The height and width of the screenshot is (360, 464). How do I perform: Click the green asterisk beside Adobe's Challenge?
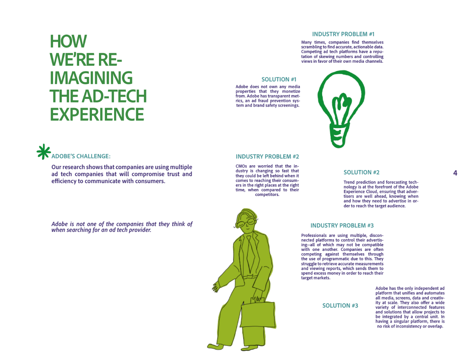point(44,152)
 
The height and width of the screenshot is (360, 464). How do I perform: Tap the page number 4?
point(455,173)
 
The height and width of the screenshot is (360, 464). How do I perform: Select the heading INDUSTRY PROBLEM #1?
point(343,34)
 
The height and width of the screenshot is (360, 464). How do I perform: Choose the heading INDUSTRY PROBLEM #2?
point(267,157)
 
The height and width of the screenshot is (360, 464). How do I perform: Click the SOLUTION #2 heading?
point(361,172)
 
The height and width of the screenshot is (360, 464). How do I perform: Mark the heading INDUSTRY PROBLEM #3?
point(342,226)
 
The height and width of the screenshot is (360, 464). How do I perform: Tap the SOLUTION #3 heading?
point(340,305)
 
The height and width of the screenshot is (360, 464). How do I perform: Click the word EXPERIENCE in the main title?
point(97,115)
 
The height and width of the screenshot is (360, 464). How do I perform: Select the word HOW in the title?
point(68,41)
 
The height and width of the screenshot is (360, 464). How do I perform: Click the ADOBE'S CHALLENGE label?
point(81,156)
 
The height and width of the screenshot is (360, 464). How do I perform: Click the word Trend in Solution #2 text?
point(350,182)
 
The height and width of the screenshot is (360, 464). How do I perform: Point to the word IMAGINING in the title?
point(91,78)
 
